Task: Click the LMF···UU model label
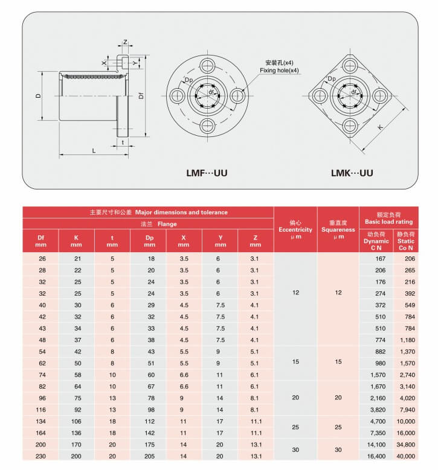pyautogui.click(x=207, y=173)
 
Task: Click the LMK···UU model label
pyautogui.click(x=352, y=173)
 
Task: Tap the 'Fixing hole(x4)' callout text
pyautogui.click(x=280, y=71)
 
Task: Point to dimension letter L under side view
pyautogui.click(x=94, y=150)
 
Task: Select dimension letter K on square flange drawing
pyautogui.click(x=379, y=127)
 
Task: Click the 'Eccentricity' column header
pyautogui.click(x=295, y=229)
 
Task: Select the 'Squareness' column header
pyautogui.click(x=338, y=229)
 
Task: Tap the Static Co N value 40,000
pyautogui.click(x=406, y=457)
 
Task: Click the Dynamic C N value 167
pyautogui.click(x=380, y=258)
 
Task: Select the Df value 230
pyautogui.click(x=42, y=457)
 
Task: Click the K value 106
pyautogui.click(x=76, y=422)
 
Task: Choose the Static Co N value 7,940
pyautogui.click(x=406, y=410)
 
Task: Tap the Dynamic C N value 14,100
pyautogui.click(x=380, y=445)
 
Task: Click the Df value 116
pyautogui.click(x=42, y=410)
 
